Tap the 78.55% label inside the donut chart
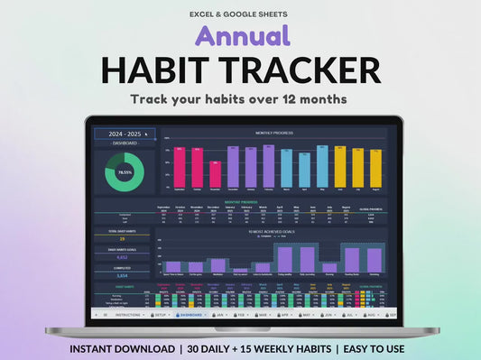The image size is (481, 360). click(125, 171)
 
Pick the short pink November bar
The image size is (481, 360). click(215, 174)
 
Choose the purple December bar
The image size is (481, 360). click(233, 168)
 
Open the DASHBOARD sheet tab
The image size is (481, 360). click(190, 315)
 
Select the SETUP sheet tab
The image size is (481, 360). click(161, 315)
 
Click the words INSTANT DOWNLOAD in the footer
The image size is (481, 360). click(121, 348)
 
